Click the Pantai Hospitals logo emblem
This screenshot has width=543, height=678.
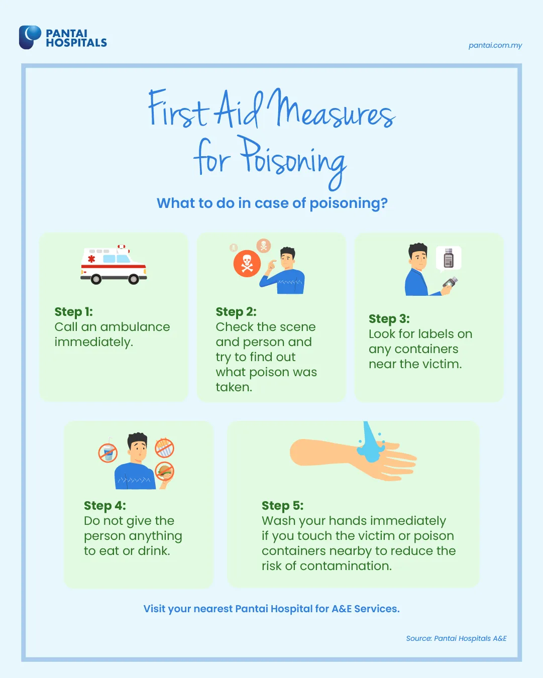[x=30, y=37]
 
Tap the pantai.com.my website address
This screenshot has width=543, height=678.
[x=495, y=45]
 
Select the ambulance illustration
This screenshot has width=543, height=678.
[x=114, y=264]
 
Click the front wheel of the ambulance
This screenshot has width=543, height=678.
[x=133, y=279]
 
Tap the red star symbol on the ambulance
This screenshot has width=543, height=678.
[x=91, y=259]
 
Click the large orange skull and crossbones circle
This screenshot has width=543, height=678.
[x=247, y=263]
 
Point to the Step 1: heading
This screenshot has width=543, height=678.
[x=74, y=312]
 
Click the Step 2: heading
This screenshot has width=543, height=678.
[x=236, y=312]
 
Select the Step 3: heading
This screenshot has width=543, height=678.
[x=389, y=319]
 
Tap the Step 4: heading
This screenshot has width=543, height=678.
[x=105, y=506]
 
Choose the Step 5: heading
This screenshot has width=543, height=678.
[x=283, y=506]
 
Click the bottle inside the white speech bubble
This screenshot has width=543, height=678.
[x=449, y=258]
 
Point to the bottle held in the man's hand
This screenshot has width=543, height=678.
[x=450, y=282]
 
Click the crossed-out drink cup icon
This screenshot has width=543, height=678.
[x=108, y=453]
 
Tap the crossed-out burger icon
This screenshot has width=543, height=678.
[x=164, y=471]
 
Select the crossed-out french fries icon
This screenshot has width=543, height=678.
[x=164, y=447]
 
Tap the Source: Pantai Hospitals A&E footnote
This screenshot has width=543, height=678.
[x=456, y=638]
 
